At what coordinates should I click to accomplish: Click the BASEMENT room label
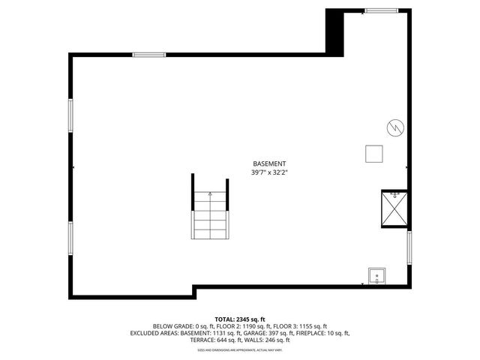point(269,163)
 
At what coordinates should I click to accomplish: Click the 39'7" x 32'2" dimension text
point(269,172)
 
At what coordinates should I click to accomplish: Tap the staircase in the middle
point(209,214)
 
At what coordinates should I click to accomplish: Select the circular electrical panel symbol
point(393,127)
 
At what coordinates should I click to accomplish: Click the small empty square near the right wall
point(373,153)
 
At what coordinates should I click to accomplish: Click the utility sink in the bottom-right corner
point(376,277)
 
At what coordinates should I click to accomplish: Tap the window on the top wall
point(149,54)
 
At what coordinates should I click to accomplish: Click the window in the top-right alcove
point(381,10)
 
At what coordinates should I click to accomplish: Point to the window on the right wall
point(409,247)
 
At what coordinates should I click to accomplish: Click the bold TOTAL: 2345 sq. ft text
point(239,319)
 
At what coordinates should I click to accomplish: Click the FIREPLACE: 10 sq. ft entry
point(320,332)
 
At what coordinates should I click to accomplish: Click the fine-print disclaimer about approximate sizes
point(239,349)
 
